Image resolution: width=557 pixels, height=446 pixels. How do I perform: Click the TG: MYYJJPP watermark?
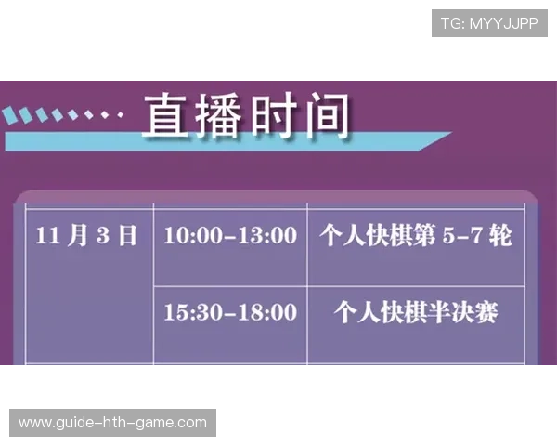[x=490, y=23]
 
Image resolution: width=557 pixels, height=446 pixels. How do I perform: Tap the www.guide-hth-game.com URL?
[x=113, y=423]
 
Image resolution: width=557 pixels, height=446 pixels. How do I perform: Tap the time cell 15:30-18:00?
[x=229, y=312]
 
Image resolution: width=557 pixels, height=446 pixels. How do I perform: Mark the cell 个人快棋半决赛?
[x=415, y=312]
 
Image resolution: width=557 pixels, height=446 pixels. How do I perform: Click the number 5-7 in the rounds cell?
[x=464, y=235]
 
